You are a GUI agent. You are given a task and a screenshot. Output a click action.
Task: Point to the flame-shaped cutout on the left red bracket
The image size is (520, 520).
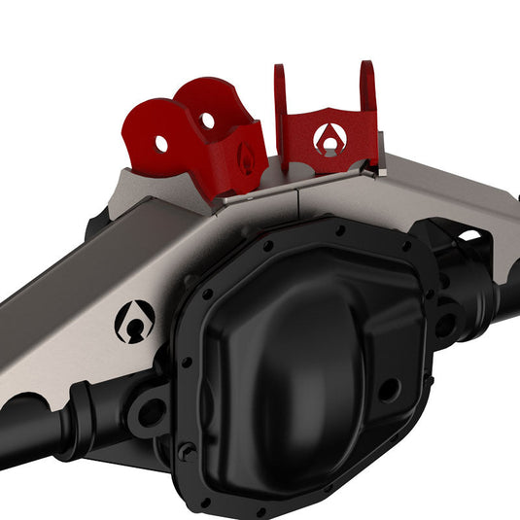[247, 157]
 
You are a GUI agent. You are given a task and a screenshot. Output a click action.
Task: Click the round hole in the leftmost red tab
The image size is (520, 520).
[160, 144]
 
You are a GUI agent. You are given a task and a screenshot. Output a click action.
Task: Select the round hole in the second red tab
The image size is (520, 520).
[207, 121]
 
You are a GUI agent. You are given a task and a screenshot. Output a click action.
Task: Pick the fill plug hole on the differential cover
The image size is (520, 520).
[388, 391]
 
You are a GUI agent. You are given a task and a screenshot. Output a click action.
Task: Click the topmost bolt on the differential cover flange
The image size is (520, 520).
[339, 230]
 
